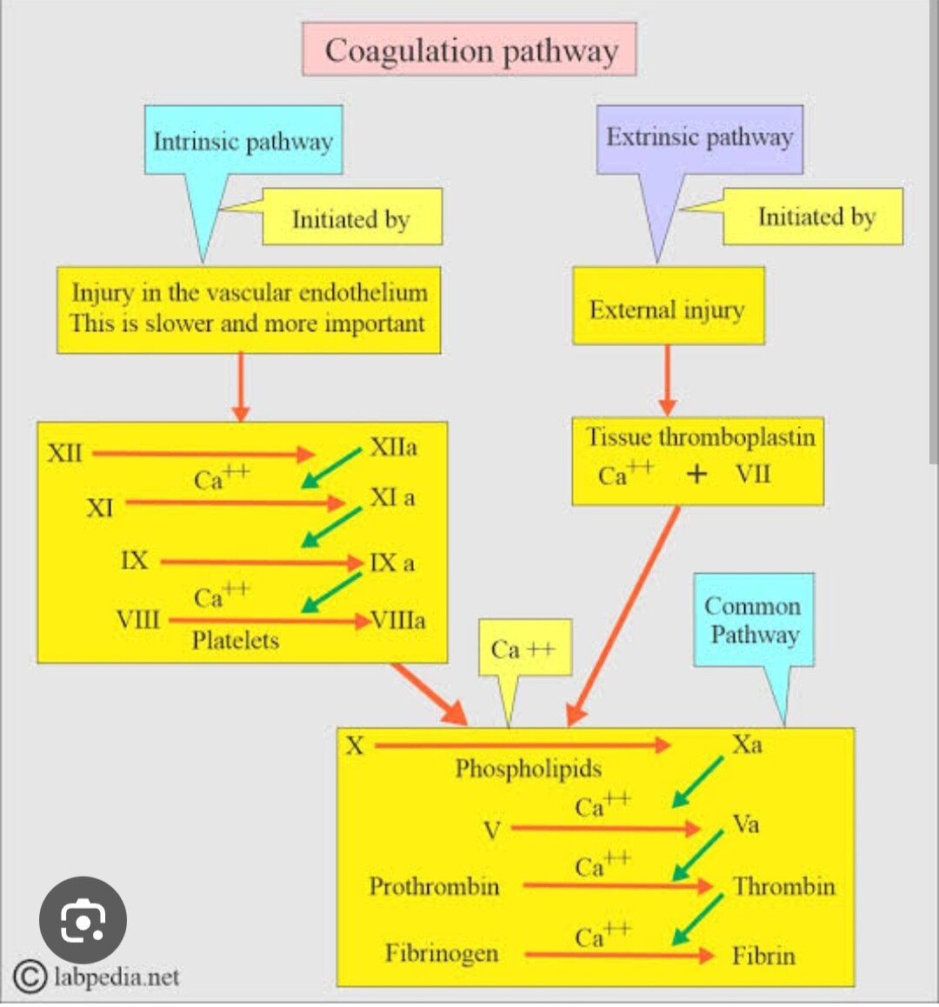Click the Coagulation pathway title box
pos(469,50)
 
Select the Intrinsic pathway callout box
pos(243,141)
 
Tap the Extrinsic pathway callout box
pos(699,137)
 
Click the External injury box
pos(667,310)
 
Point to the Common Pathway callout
pos(753,619)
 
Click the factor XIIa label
pos(393,447)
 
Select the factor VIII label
pos(138,619)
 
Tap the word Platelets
pos(236,641)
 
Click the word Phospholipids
pos(528,769)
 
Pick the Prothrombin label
pos(434,886)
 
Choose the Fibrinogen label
pos(442,953)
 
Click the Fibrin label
pos(763,955)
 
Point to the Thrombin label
pos(783,886)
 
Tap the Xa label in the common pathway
pos(747,744)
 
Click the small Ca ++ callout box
pos(524,649)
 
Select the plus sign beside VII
pos(696,475)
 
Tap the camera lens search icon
pos(83,921)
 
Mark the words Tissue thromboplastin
pos(701,437)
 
